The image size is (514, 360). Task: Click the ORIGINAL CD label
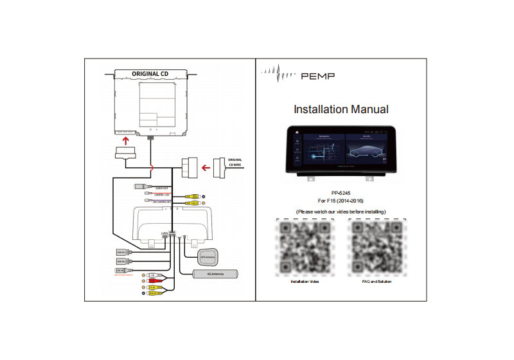150,73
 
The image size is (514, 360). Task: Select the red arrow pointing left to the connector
207,169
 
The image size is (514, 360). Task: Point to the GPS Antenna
209,257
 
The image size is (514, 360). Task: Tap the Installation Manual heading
341,109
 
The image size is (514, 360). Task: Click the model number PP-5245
341,192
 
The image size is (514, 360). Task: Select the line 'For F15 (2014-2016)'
341,201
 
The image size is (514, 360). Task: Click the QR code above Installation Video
305,246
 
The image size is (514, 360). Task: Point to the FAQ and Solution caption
377,282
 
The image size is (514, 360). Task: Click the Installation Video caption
305,282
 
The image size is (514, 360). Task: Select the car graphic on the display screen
365,154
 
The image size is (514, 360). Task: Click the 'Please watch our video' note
341,212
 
